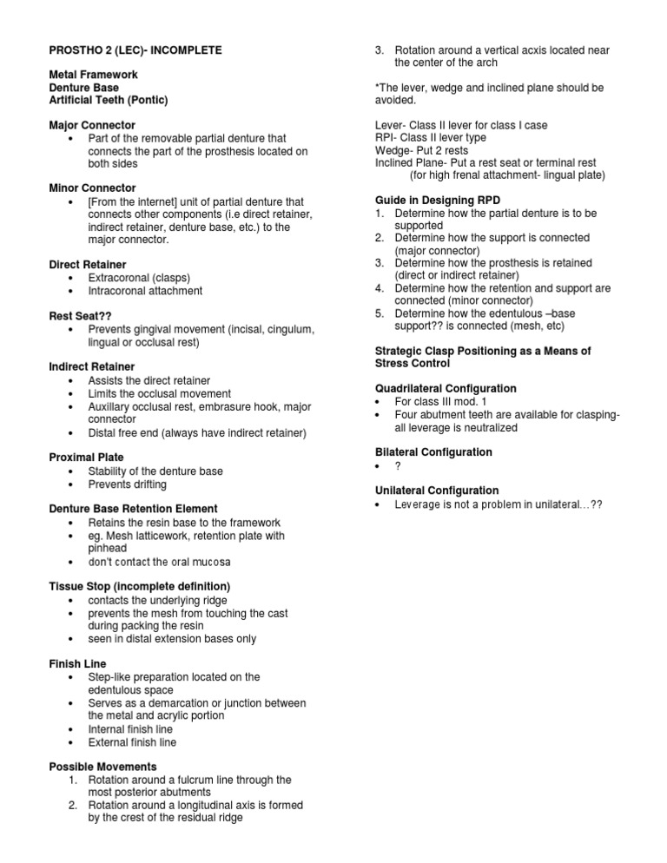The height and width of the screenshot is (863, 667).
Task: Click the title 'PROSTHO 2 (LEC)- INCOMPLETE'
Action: [135, 50]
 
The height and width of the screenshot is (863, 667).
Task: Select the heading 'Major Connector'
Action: [92, 126]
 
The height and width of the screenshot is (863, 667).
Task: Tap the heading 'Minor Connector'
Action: [92, 188]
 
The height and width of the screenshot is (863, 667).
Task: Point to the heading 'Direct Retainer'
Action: [88, 264]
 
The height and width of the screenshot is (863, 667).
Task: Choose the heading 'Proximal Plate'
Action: [86, 458]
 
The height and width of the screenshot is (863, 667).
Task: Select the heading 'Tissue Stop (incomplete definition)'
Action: [139, 587]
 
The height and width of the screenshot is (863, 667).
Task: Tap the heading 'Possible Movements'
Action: [102, 767]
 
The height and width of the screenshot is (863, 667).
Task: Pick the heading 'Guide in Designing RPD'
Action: [440, 200]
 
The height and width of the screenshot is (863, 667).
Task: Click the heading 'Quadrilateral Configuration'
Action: [446, 389]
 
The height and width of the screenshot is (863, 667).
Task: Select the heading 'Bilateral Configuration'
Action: [433, 452]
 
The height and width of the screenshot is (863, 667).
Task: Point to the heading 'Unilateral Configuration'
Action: [437, 491]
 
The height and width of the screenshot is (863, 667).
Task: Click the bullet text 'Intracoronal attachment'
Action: [145, 291]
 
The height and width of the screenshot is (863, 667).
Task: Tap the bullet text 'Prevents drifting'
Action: [127, 484]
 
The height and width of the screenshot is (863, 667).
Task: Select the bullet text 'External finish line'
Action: [131, 742]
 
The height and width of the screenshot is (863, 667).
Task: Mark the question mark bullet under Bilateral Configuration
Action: [398, 466]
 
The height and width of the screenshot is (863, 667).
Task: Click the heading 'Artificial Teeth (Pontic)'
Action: [109, 100]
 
